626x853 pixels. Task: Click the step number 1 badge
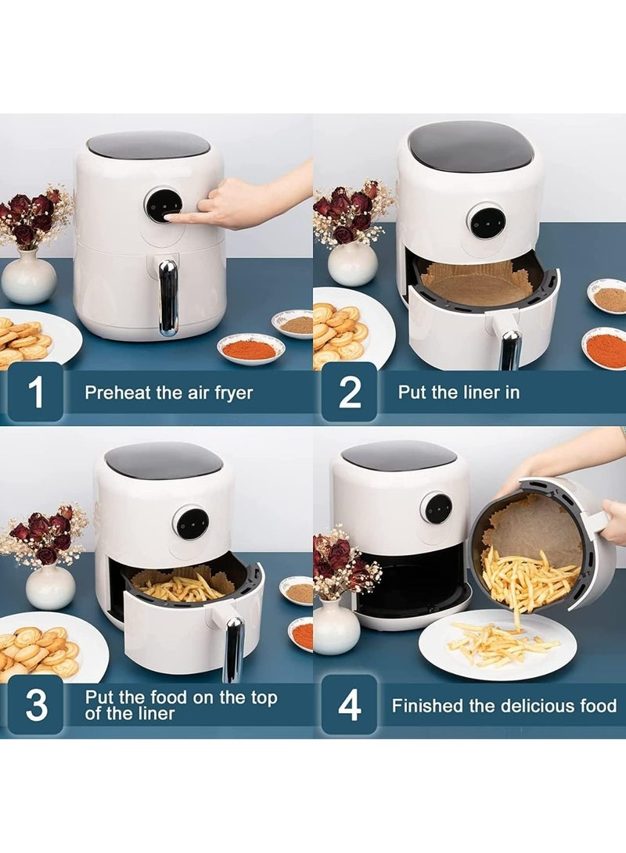click(35, 392)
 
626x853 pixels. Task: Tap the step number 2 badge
click(349, 392)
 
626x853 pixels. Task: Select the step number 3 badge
click(36, 705)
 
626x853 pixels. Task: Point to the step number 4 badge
click(349, 705)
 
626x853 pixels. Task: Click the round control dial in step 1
click(163, 205)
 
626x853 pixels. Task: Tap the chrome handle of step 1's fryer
click(167, 298)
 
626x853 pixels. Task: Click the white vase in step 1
click(29, 277)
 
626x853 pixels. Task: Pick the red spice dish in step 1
click(251, 348)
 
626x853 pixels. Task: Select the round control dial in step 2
click(487, 221)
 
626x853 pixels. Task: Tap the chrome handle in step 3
click(234, 649)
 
